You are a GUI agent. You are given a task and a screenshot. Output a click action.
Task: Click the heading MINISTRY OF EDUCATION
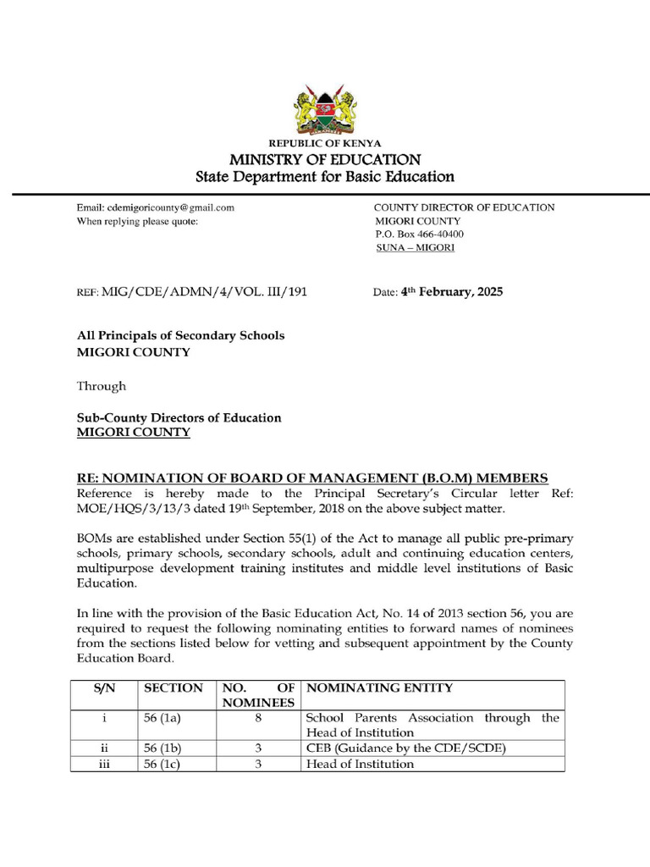pos(325,159)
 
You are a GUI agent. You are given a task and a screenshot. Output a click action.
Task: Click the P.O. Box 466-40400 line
pos(418,235)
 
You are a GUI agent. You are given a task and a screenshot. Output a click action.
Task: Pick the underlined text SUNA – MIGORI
pos(415,248)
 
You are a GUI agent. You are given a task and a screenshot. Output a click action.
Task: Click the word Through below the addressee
pos(102,386)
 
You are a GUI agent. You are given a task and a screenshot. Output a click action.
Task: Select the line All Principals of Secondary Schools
pos(181,335)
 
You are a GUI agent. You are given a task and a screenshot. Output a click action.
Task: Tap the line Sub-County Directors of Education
pos(179,418)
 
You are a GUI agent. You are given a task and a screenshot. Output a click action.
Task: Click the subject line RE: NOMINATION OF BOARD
pos(312,478)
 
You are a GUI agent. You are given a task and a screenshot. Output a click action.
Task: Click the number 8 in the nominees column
pos(258,718)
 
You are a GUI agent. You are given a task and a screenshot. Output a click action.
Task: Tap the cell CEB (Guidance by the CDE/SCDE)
pos(405,748)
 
